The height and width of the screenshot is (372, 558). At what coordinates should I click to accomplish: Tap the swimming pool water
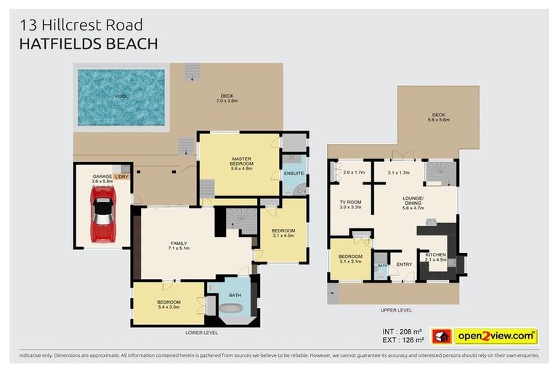pos(121,97)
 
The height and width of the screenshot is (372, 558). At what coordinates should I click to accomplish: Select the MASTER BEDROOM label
pos(241,161)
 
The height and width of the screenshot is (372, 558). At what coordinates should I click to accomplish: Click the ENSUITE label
pos(294,173)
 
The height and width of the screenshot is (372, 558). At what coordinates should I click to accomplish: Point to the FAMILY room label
pos(179,243)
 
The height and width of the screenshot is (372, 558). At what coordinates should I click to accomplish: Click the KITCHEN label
pos(436,254)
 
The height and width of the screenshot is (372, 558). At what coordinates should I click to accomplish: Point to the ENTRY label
pos(404,264)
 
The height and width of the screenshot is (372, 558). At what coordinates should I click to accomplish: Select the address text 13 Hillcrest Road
pos(81,25)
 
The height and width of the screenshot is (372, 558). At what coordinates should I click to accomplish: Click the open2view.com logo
pos(496,336)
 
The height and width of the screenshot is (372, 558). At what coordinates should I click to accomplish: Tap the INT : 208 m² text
pos(403,331)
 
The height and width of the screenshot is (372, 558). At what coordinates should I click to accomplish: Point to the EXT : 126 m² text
pos(403,341)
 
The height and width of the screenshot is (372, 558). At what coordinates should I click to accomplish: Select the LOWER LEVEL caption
pos(201,333)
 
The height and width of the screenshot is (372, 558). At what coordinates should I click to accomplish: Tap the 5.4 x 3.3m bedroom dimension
pos(169,307)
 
